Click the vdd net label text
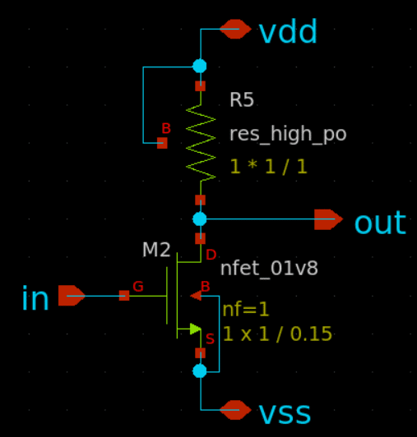coord(288,30)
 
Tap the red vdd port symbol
coord(235,29)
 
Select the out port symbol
coord(328,219)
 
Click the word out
coord(380,223)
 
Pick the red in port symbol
coord(72,296)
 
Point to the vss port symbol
coord(235,410)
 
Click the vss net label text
coord(285,414)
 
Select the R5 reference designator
coord(242,99)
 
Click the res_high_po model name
coord(288,135)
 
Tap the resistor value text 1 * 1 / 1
coord(268,167)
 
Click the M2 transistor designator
coord(156,250)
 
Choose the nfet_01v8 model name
coord(269,269)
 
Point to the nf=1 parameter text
coord(246,310)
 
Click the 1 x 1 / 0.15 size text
coord(277,333)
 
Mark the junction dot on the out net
coord(200,219)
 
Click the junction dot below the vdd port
coord(200,67)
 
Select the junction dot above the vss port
coord(200,371)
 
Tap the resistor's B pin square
coord(162,143)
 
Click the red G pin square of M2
coord(124,296)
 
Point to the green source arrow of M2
coord(196,329)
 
